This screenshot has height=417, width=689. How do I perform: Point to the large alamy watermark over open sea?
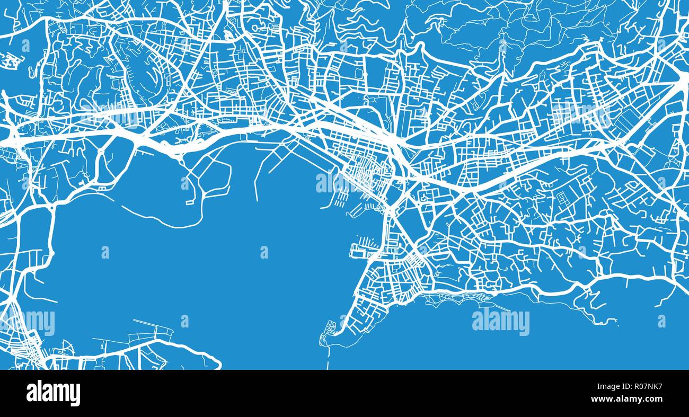(x=500, y=322)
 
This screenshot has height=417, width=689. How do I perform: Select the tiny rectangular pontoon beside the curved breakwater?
(x=189, y=202)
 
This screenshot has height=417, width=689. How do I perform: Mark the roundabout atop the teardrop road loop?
(x=101, y=152)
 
